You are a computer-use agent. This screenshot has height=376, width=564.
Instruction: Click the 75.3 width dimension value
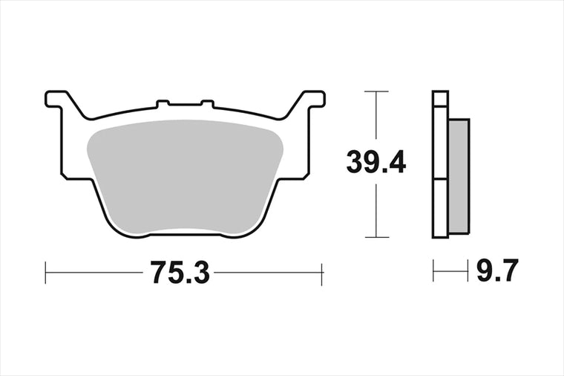(180, 272)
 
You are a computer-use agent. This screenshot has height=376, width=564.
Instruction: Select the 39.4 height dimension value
(376, 162)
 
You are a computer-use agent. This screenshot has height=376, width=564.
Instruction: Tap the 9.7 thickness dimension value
(497, 270)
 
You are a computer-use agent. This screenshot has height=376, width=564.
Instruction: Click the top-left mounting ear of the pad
(57, 99)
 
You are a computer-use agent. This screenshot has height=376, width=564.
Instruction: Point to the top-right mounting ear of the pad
(313, 99)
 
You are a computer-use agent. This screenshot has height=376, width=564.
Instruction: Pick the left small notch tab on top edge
(163, 104)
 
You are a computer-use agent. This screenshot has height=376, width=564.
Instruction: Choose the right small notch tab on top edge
(207, 104)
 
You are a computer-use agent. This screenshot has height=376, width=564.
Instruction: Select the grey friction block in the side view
(459, 176)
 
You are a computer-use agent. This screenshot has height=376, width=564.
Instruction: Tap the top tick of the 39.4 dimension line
(376, 91)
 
